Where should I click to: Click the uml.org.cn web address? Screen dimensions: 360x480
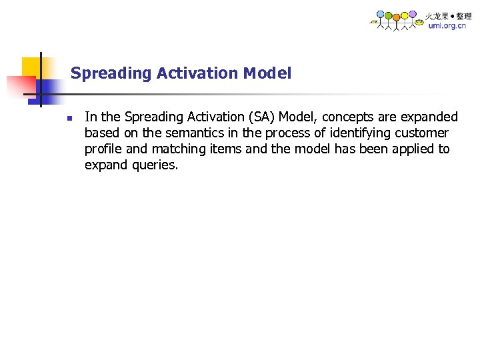447,26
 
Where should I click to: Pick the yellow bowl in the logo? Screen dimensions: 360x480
418,22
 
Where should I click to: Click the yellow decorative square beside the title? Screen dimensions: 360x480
31,67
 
